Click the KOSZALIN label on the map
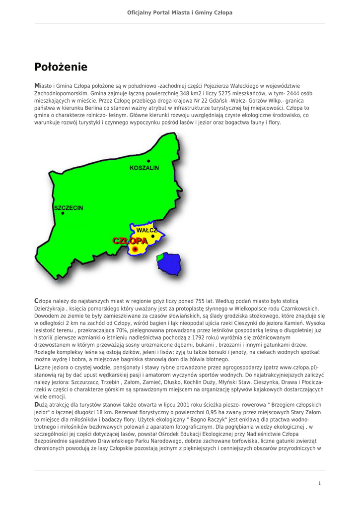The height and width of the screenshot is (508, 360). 144,168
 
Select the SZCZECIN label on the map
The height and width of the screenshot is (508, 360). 69,207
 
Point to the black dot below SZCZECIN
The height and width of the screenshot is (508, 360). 63,213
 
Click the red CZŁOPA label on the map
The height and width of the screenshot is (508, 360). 130,241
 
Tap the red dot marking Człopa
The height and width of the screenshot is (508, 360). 135,249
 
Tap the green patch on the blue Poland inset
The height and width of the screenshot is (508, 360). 160,257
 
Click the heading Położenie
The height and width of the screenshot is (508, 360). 61,66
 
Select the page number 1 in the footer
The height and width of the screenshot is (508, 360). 320,483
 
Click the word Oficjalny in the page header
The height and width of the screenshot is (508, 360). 140,12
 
